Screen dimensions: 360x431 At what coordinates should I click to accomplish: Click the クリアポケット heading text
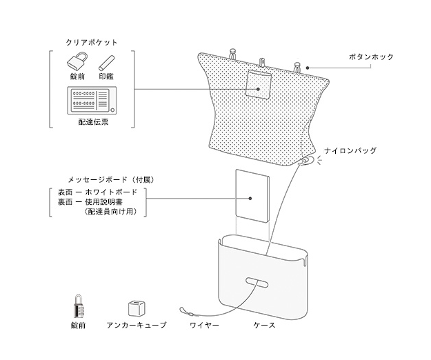(91, 42)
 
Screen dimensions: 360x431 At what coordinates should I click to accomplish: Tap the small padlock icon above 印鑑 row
(77, 62)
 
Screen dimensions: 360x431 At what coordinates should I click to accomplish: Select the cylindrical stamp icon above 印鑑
(106, 62)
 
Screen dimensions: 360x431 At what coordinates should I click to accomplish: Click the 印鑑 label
(106, 77)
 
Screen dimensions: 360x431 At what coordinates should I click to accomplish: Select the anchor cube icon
(134, 308)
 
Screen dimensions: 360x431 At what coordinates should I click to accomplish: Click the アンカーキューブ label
(136, 325)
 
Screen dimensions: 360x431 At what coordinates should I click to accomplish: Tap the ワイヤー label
(204, 325)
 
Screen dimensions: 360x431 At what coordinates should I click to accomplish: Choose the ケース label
(264, 325)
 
